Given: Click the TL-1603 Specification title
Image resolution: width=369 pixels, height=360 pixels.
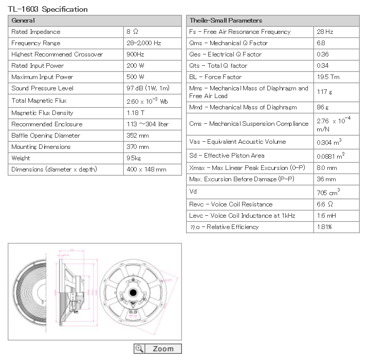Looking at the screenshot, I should coord(48,9).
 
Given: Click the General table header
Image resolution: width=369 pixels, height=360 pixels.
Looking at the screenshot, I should coord(23,21).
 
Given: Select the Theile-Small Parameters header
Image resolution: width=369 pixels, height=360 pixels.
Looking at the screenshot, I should coord(226,21).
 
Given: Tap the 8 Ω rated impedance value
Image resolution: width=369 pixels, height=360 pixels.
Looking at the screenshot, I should coord(132,32).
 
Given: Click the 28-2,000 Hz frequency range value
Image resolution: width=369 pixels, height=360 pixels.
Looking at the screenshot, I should coord(143,43).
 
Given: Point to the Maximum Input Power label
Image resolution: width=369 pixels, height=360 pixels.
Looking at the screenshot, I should coord(42,77).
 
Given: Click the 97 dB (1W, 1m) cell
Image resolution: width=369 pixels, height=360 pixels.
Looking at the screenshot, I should coord(147,88).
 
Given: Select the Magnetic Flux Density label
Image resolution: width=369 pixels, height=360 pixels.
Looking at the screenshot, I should coord(42,113).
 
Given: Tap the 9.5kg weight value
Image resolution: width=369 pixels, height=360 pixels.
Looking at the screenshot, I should coord(134,158).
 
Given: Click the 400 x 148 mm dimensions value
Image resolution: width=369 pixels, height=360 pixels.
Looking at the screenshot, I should coord(146,169).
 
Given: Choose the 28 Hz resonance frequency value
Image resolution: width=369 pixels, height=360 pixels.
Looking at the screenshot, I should coord(325,32).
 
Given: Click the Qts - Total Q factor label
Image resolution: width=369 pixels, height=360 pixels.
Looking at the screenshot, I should coord(218,66).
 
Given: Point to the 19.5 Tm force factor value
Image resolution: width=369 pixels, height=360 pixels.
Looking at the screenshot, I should coord(328,77).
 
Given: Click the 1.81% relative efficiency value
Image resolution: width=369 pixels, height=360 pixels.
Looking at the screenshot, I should coord(325,227).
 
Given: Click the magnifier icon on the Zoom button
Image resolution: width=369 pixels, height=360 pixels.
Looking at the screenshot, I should coord(139,349).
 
